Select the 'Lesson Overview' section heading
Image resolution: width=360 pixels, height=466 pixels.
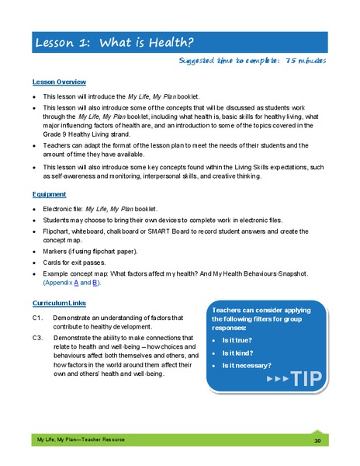[x=59, y=82]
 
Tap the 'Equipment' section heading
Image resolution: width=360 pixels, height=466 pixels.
[x=49, y=194]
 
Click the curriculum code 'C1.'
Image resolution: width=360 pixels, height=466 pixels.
[x=37, y=317]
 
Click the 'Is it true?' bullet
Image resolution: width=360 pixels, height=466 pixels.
[x=241, y=340]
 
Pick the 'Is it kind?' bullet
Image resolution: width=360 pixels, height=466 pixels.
[x=241, y=353]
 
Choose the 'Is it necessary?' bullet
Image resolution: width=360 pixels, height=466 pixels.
[x=247, y=365]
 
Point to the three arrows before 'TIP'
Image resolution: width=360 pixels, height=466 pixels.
[x=278, y=379]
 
